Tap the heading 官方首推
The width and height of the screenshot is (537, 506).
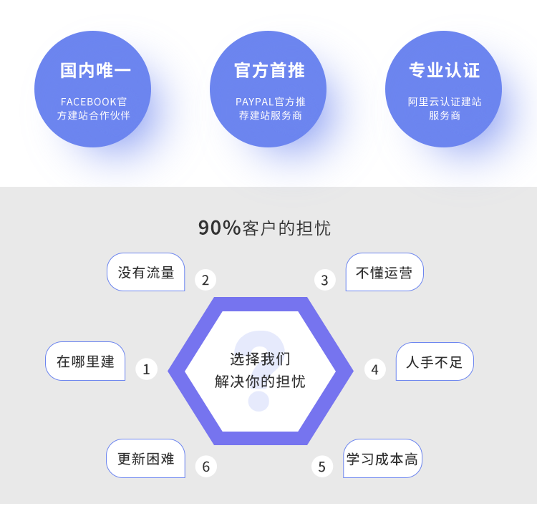coord(269,70)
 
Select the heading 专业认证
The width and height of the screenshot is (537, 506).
coord(444,70)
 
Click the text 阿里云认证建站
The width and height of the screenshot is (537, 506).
coord(445,102)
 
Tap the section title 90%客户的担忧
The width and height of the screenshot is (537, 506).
coord(264,228)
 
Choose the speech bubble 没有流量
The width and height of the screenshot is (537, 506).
coord(146,273)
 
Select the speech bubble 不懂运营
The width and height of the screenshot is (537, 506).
coord(384,273)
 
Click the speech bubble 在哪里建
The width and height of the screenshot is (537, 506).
coord(85,361)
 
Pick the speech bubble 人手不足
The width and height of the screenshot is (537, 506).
coord(435,361)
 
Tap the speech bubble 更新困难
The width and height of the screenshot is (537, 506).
coord(146,459)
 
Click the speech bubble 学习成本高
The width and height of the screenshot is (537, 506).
coord(382,459)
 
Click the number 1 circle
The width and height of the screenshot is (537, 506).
coord(146,369)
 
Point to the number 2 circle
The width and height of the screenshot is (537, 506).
coord(205,280)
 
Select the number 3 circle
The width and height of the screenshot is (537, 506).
coord(324,280)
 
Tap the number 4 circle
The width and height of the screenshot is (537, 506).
coord(374,369)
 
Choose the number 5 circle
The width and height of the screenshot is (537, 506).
coord(321,467)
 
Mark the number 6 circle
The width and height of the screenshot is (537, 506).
coord(205,467)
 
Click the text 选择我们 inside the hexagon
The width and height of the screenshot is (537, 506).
coord(260,359)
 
